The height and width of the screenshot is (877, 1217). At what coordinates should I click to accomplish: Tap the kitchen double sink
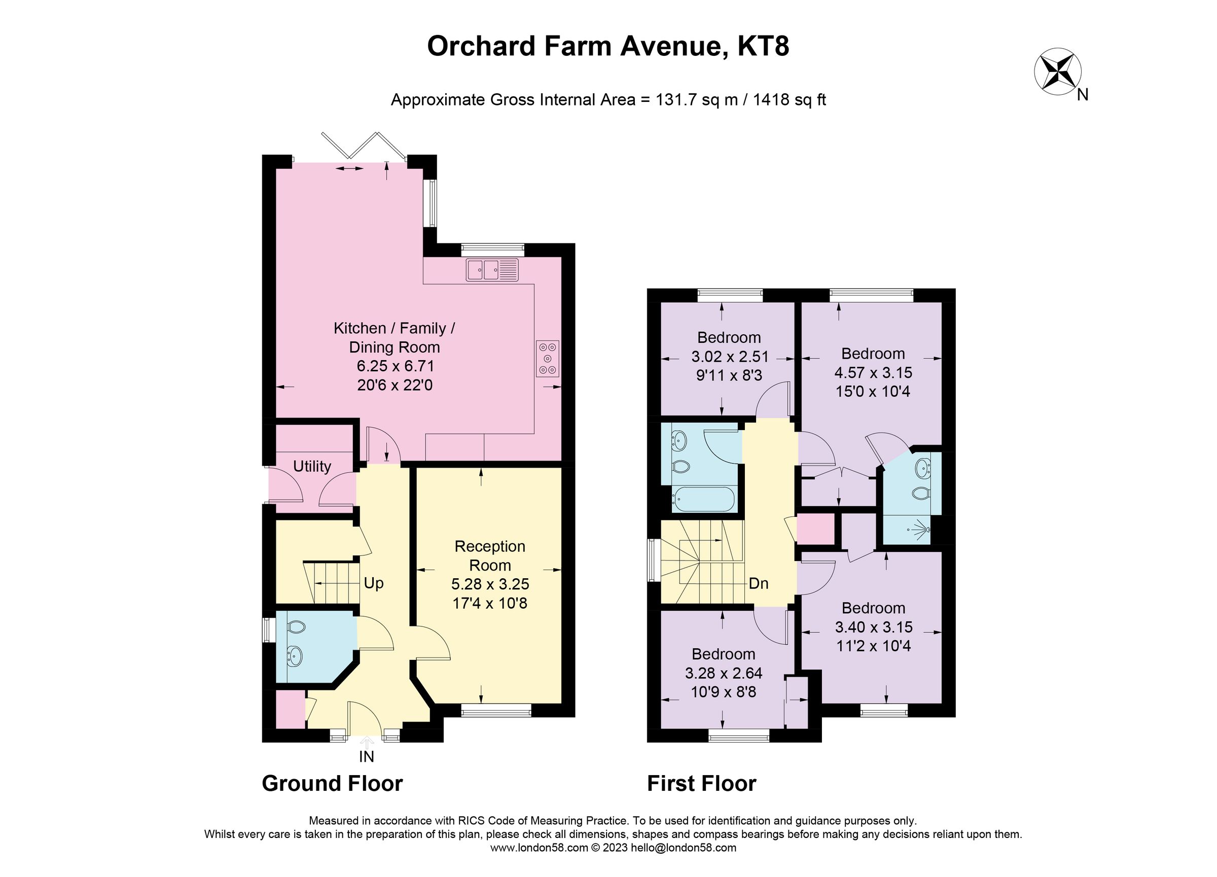[x=492, y=269]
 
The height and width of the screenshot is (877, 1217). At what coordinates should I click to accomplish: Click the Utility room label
[x=312, y=467]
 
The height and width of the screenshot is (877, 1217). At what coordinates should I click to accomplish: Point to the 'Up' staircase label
[x=374, y=583]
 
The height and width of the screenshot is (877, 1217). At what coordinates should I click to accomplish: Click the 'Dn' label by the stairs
[x=758, y=583]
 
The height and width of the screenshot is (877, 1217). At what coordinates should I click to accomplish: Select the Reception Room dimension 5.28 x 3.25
[x=490, y=584]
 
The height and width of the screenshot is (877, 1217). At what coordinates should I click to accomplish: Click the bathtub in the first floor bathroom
[x=703, y=499]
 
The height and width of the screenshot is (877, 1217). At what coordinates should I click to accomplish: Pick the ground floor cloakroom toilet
[x=296, y=626]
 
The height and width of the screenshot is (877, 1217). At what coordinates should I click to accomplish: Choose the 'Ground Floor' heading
[x=332, y=784]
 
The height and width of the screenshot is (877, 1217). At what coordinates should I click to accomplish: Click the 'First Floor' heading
[x=701, y=784]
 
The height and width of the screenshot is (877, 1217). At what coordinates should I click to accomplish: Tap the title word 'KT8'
[x=763, y=46]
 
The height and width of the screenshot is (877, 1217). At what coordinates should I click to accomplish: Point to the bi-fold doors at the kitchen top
[x=363, y=146]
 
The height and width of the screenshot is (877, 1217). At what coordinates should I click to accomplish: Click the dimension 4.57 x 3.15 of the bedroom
[x=873, y=372]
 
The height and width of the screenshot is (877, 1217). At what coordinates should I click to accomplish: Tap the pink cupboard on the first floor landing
[x=815, y=530]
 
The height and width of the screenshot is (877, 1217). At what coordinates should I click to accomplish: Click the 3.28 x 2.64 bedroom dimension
[x=723, y=673]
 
